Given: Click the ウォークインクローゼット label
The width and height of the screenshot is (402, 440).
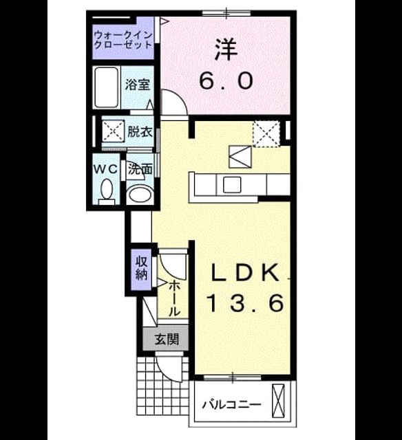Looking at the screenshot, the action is tap(123, 40).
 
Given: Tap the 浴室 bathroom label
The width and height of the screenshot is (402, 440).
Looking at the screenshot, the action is tap(138, 84).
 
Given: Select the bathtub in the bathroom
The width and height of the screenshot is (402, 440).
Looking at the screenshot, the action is tap(106, 87).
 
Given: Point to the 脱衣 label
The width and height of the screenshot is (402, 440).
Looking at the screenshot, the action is tap(140, 131).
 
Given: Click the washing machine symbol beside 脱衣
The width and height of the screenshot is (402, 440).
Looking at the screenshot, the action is tap(113, 131).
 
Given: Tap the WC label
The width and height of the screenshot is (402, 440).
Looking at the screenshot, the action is tap(105, 169).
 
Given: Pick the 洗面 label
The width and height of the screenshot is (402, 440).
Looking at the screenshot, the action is tap(140, 169).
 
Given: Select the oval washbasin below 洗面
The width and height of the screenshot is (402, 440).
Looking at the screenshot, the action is tap(140, 194).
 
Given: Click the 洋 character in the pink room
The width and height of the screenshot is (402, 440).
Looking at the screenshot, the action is tap(226, 50).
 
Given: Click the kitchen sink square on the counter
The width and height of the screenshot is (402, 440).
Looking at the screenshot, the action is tap(232, 185).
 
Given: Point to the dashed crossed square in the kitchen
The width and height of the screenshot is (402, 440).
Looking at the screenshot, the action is tap(266, 134).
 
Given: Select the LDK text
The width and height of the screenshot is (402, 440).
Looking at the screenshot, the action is tap(245, 272).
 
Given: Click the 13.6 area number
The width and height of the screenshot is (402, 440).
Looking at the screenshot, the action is tap(245, 303).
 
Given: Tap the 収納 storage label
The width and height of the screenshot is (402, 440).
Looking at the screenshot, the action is tap(142, 268).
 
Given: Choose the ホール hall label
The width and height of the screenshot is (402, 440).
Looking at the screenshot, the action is tap(174, 299).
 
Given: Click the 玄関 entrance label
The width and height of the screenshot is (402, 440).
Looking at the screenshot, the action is tap(167, 340).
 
